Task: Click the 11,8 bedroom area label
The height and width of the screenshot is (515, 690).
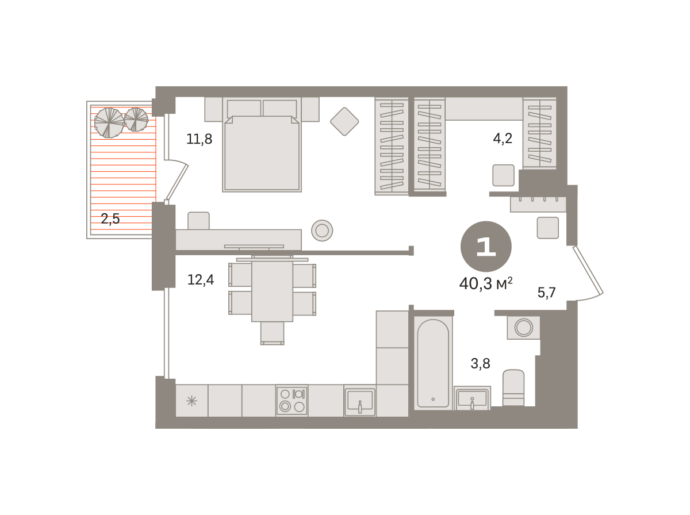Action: (199, 139)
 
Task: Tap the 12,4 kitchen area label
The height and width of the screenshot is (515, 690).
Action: (200, 279)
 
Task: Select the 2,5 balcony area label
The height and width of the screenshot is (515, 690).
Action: (110, 218)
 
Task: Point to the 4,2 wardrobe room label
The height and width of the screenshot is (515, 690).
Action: (503, 139)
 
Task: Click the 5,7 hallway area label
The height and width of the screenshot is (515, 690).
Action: (546, 293)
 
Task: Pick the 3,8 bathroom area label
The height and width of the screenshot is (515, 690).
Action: (480, 363)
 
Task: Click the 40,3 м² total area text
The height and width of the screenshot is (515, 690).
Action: (486, 284)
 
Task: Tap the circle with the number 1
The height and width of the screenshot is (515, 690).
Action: (486, 247)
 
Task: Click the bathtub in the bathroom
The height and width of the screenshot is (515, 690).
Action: (433, 363)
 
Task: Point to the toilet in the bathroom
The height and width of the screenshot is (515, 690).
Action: (513, 388)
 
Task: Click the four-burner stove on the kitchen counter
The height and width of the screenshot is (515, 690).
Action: (292, 401)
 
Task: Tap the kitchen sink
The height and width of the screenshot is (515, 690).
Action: (360, 401)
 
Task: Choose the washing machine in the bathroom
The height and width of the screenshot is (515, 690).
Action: (523, 328)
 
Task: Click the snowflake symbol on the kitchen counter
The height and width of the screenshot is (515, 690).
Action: (191, 401)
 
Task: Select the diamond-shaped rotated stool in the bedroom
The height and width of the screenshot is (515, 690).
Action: (344, 122)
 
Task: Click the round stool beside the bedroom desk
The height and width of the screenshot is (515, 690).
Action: (322, 230)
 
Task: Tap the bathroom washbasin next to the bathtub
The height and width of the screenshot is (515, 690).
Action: (472, 398)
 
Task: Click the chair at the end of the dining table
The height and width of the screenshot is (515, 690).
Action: (272, 333)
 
